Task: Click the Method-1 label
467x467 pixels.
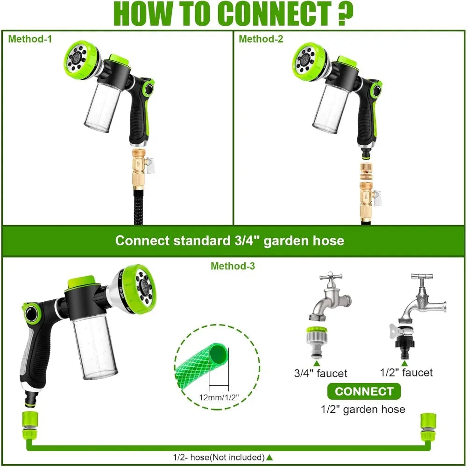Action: coord(30,39)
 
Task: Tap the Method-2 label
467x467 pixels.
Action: coord(261,39)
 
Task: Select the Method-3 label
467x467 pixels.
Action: coord(233,266)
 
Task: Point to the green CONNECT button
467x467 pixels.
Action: coord(364,391)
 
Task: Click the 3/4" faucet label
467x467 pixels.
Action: coord(320,373)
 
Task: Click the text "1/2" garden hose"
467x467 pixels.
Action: coord(363,410)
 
